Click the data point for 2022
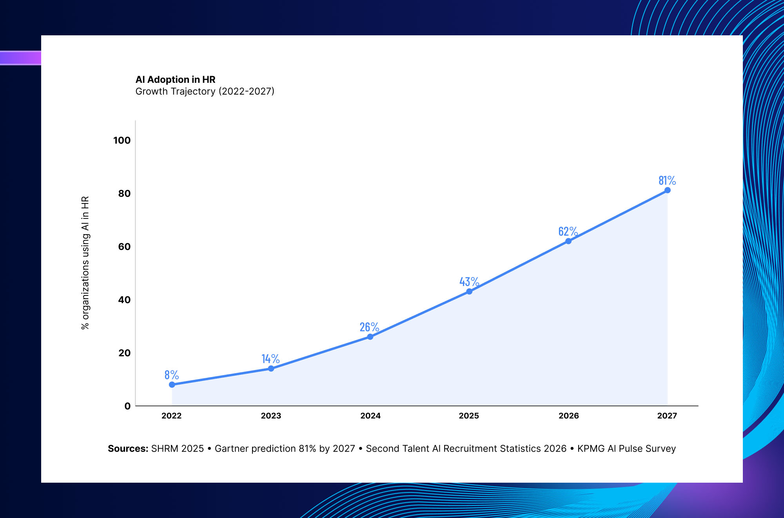point(172,385)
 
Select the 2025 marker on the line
point(469,292)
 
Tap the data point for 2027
point(668,190)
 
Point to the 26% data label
point(369,327)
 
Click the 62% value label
point(568,231)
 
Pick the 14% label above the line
point(270,359)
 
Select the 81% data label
point(667,181)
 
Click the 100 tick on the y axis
point(122,140)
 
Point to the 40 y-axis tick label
point(124,300)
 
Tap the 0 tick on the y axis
point(127,406)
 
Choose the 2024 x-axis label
point(370,416)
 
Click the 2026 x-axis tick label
point(569,416)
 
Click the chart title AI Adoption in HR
point(176,80)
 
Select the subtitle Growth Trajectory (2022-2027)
point(205,91)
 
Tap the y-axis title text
point(85,263)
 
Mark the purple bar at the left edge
point(20,58)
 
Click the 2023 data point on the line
point(271,368)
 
